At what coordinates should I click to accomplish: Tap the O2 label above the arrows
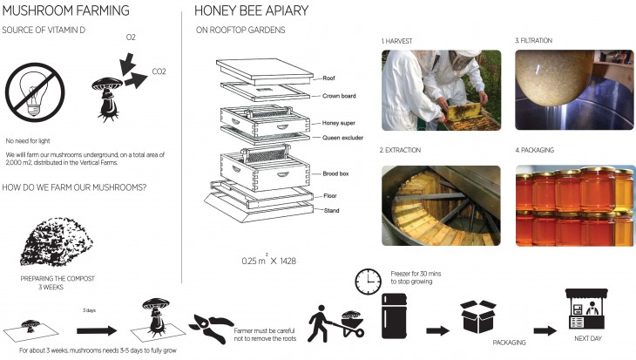coord(131,38)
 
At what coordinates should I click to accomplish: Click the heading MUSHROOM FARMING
coord(67,11)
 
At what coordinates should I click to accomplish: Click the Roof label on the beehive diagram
coord(330,77)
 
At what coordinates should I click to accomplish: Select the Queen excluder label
coord(342,137)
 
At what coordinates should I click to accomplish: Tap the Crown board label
coord(338,95)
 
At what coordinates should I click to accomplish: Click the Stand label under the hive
coord(331,210)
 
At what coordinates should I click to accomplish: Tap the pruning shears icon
coord(209,319)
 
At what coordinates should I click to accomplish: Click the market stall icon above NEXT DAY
coord(585,309)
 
